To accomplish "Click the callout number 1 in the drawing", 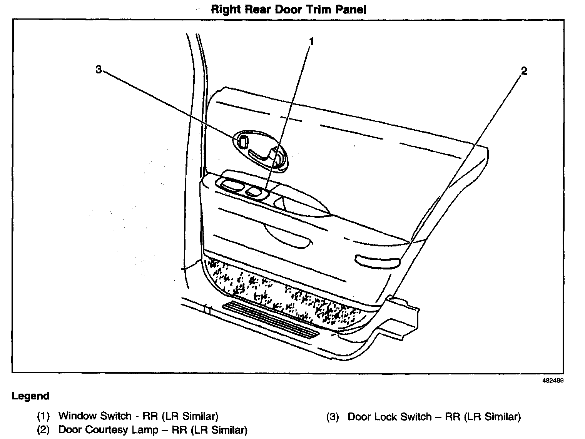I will coord(311,41).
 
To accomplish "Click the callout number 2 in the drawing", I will coord(523,71).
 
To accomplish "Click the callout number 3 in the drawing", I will coord(99,70).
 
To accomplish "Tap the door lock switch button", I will coord(243,142).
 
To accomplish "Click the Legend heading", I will coord(31,396).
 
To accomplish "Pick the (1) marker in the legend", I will coord(43,416).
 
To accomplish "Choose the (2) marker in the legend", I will coord(43,430).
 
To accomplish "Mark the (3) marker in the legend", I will coord(333,417).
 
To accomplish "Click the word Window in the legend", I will coord(78,416).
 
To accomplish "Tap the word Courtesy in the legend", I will coord(107,430).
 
